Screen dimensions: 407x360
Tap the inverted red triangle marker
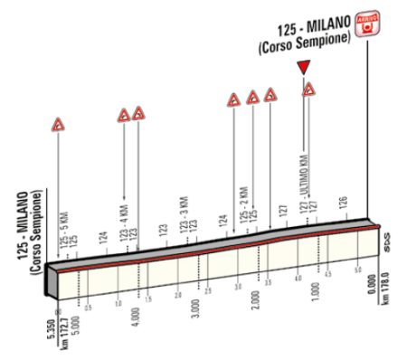click(x=305, y=66)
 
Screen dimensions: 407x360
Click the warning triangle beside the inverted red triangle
click(x=309, y=89)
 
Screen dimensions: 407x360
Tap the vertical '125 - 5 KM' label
click(x=62, y=231)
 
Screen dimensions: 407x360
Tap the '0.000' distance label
click(x=374, y=293)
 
